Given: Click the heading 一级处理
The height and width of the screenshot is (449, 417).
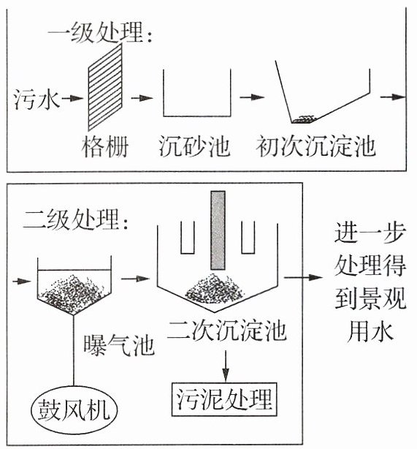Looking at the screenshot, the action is tap(99, 32).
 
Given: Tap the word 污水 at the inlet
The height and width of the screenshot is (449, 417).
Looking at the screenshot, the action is tap(37, 99).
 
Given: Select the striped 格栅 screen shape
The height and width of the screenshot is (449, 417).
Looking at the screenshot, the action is tap(105, 87).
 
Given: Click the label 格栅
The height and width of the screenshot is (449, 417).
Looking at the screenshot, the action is tap(105, 147).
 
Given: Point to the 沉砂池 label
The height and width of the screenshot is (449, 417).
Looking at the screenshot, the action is tap(194, 146).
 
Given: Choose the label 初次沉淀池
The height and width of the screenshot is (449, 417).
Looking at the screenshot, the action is tap(315, 146).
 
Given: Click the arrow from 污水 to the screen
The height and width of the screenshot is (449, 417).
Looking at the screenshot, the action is tap(72, 98).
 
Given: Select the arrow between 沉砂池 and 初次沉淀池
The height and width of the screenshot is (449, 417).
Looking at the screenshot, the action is tap(252, 97).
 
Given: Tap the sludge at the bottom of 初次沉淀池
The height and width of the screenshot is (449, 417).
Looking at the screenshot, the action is tap(303, 119).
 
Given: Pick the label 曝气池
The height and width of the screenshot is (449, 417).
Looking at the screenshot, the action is tap(119, 345).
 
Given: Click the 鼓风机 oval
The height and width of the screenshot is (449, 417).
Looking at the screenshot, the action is tap(74, 410).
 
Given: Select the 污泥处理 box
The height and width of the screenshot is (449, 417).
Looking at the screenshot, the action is tap(224, 399).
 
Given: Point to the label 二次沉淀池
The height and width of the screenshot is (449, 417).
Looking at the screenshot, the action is tap(227, 331).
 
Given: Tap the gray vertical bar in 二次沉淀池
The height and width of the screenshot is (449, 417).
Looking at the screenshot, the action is tap(218, 230).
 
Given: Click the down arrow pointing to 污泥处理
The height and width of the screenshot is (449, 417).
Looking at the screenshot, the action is tap(226, 366).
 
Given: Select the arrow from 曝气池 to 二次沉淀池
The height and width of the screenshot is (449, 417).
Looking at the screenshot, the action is tap(135, 278).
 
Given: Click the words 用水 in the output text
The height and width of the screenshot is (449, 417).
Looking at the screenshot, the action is tap(370, 332).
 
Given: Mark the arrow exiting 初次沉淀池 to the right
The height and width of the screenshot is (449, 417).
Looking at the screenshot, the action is tap(393, 97).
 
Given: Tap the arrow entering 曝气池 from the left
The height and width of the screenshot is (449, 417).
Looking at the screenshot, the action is tap(22, 281).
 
